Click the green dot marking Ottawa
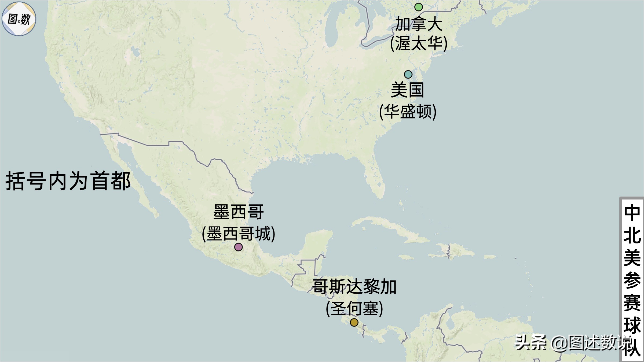[419, 7]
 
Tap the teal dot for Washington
[408, 74]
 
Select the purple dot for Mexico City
[238, 247]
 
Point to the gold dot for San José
[354, 322]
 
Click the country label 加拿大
[419, 24]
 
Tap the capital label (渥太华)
[419, 43]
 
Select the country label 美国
[408, 90]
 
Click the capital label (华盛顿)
[408, 112]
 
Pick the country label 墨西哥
[238, 212]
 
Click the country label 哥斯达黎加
[354, 287]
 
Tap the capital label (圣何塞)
[354, 308]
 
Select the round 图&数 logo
[19, 19]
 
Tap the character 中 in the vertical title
[632, 213]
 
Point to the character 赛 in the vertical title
[632, 303]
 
